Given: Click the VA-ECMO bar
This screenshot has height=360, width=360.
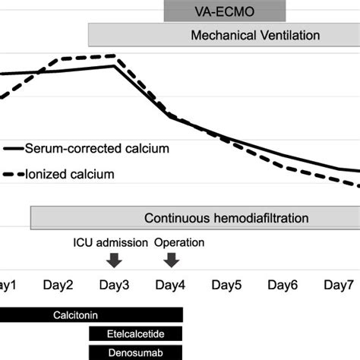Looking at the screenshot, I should [x=225, y=11].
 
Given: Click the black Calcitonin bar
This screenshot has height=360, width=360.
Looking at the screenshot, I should [x=91, y=314].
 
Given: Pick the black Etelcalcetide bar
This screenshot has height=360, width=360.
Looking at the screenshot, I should [x=137, y=333].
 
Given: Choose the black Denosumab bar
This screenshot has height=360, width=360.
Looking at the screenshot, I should [x=137, y=352].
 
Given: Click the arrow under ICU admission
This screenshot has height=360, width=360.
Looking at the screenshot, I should [x=114, y=260].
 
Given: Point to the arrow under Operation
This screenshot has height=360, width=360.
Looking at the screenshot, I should [x=172, y=260].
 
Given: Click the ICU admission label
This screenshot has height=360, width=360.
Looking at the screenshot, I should [x=110, y=242].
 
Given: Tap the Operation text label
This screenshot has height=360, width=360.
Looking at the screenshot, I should [x=179, y=242].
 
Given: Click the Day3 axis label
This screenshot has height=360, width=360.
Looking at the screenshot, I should [x=114, y=286].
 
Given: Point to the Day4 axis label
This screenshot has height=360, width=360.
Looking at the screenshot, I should [x=171, y=286].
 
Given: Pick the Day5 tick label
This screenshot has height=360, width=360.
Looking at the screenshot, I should [x=227, y=286].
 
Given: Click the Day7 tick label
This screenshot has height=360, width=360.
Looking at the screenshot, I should [x=339, y=286].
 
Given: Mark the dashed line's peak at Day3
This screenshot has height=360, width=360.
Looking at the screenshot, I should [x=114, y=55].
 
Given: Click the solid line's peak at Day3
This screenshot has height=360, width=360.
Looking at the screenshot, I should [x=115, y=65].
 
